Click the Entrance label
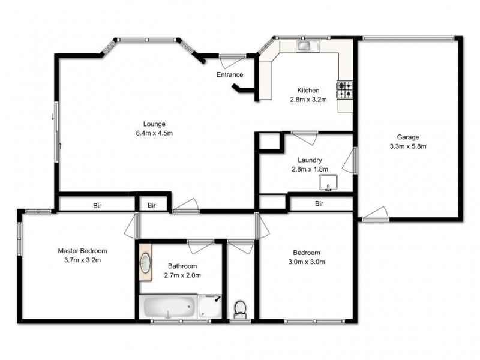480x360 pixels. (230, 75)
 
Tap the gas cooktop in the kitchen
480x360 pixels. (344, 90)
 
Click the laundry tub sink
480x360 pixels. (329, 182)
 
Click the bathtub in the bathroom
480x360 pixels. (169, 308)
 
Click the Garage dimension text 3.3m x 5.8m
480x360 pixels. (407, 146)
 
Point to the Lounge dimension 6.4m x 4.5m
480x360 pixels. (154, 133)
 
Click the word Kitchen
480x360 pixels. (308, 91)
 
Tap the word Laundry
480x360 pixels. (310, 160)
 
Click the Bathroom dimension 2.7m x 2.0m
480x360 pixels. (182, 275)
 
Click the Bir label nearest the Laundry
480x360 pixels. (320, 204)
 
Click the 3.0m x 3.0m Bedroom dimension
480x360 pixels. (306, 262)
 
